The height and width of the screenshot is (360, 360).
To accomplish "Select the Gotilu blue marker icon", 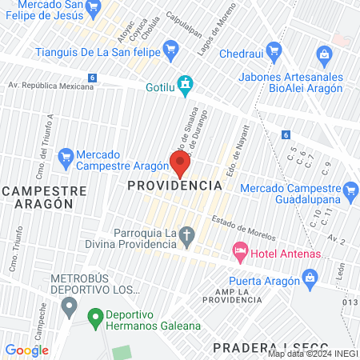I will [186, 83].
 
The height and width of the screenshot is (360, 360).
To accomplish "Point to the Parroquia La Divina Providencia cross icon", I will [187, 236].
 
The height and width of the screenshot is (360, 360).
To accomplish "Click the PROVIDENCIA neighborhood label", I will [174, 186].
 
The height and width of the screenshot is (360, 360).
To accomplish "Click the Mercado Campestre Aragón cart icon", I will [66, 158].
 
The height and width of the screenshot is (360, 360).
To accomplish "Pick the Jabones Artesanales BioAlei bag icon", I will [323, 55].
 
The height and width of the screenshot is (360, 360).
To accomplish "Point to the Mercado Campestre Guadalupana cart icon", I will [350, 190].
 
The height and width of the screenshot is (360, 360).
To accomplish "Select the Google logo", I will [26, 350].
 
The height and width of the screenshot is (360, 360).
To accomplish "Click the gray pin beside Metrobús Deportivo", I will [70, 305].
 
